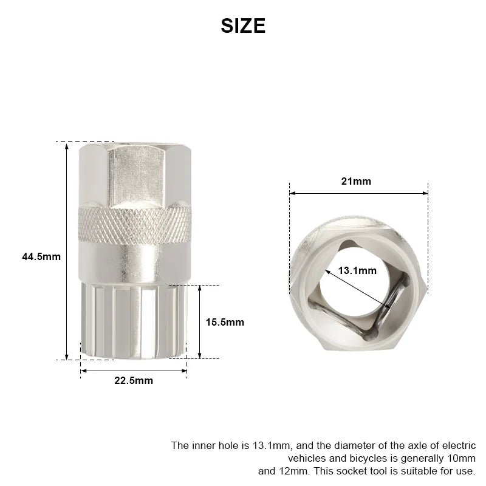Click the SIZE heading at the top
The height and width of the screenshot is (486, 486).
(x=243, y=26)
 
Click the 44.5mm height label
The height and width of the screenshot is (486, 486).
(x=41, y=256)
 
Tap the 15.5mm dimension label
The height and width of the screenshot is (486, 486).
(x=225, y=322)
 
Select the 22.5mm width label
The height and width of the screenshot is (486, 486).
(x=134, y=381)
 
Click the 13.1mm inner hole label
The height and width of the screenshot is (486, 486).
(x=357, y=271)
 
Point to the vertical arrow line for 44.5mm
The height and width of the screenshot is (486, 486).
(x=67, y=250)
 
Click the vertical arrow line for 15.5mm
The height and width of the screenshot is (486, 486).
(x=199, y=321)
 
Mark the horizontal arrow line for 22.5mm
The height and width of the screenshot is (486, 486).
(x=134, y=370)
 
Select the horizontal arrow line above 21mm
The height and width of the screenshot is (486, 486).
(x=358, y=193)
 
